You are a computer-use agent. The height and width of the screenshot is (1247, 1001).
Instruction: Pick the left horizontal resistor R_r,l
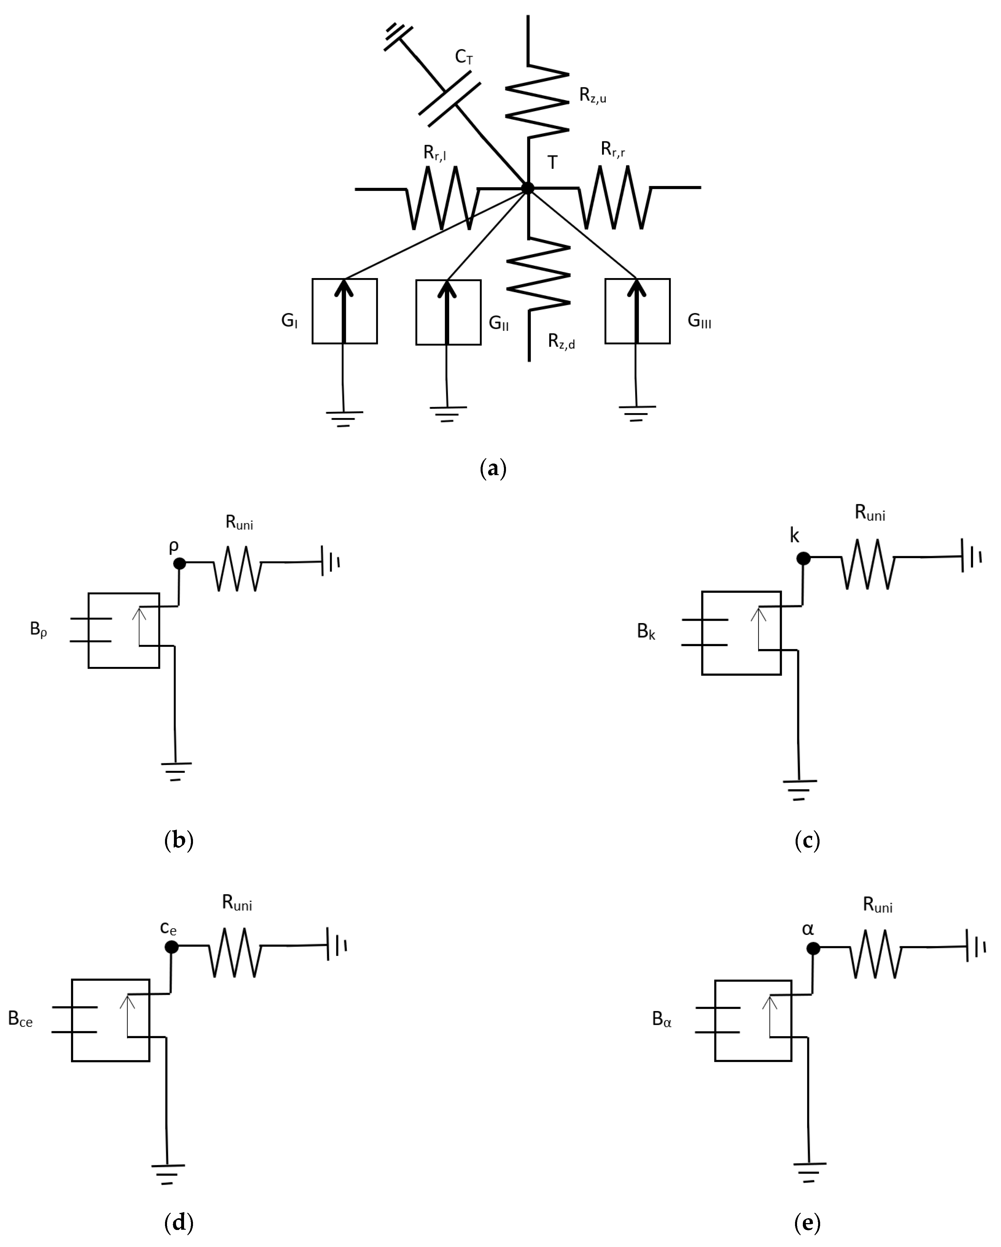click(x=443, y=198)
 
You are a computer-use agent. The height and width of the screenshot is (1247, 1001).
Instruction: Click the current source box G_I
click(x=345, y=311)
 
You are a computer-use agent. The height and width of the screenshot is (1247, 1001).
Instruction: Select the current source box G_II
click(x=448, y=312)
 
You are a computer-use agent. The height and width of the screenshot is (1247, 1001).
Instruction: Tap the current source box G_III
click(x=637, y=311)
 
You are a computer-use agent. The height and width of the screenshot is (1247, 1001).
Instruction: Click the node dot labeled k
click(x=803, y=558)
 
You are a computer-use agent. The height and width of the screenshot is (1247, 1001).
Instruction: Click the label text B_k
click(x=646, y=632)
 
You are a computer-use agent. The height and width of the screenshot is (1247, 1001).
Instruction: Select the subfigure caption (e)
click(x=807, y=1222)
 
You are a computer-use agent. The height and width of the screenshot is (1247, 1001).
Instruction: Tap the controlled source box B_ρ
click(x=124, y=631)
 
